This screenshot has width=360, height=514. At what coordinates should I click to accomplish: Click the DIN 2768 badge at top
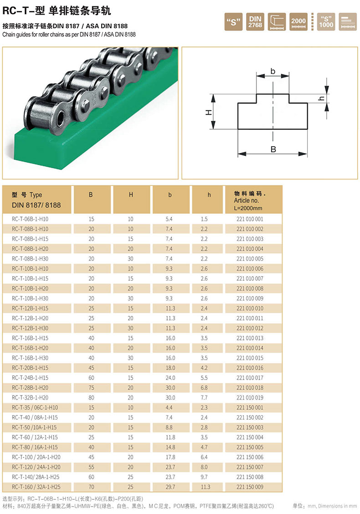pyautogui.click(x=255, y=21)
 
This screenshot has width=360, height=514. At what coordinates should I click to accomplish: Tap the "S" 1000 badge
pyautogui.click(x=326, y=21)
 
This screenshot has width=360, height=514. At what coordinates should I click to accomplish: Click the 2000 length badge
pyautogui.click(x=298, y=21)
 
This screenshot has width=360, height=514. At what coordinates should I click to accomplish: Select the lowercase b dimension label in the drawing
pyautogui.click(x=273, y=71)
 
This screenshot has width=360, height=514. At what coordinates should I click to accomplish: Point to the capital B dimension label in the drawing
pyautogui.click(x=273, y=149)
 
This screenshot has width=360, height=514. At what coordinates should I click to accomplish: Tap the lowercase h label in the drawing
pyautogui.click(x=322, y=98)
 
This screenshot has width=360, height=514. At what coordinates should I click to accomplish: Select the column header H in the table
pyautogui.click(x=131, y=195)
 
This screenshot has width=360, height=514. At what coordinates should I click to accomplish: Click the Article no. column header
pyautogui.click(x=246, y=200)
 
